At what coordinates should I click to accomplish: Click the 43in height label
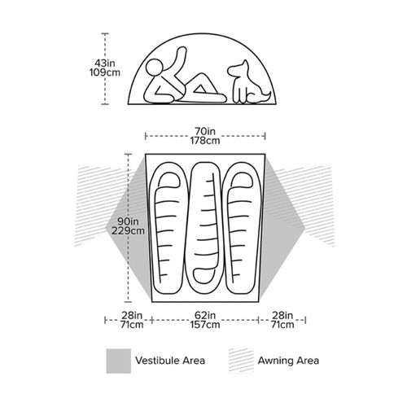[105, 63]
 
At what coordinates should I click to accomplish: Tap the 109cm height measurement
[105, 72]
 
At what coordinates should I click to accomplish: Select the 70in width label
[205, 131]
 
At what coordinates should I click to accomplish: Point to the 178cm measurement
[205, 141]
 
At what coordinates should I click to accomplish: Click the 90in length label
[128, 221]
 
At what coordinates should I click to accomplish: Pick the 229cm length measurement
[128, 231]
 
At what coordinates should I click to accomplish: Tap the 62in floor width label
[205, 315]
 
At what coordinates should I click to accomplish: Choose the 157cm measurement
[205, 325]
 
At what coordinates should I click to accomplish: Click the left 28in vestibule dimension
[132, 315]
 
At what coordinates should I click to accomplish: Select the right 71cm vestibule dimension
[282, 325]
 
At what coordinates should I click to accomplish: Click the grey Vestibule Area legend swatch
[119, 361]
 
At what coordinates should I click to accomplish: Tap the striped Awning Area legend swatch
[241, 361]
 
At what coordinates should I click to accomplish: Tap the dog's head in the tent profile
[239, 68]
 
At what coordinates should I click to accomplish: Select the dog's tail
[264, 97]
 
